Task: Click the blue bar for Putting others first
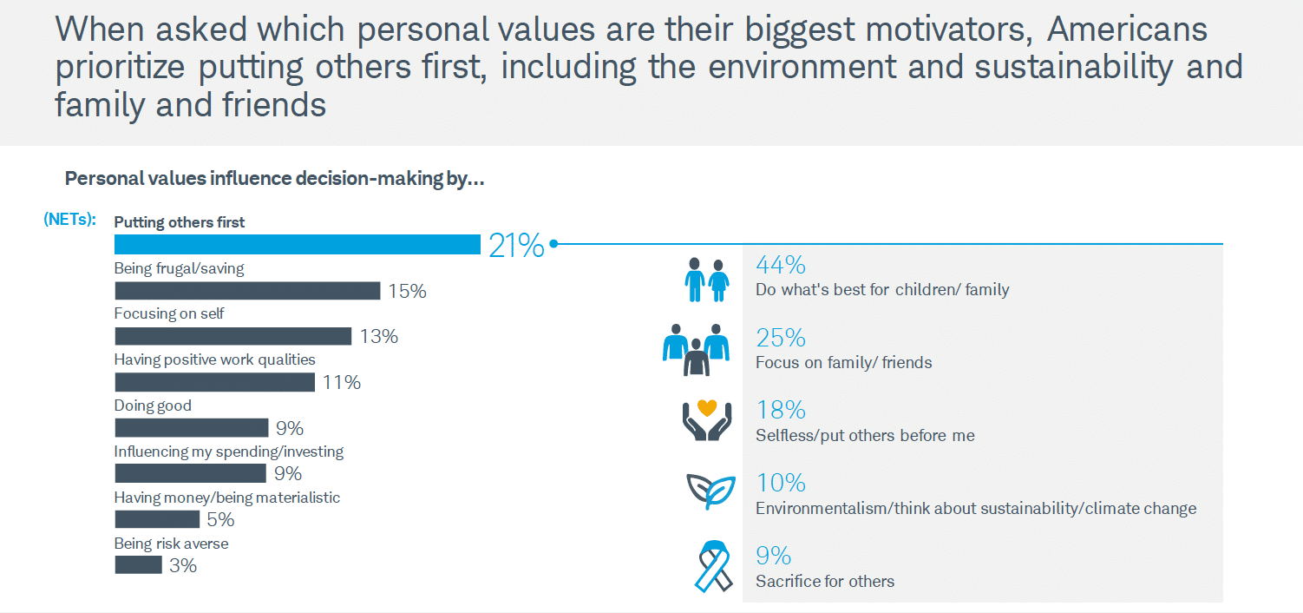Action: pos(297,245)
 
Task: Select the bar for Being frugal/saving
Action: pos(247,291)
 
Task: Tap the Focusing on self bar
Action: pos(232,336)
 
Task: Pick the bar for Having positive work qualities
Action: pos(214,382)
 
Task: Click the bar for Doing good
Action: pos(191,428)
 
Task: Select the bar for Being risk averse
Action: pos(138,565)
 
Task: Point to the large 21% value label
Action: pos(516,247)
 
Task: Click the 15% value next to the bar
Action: pos(407,292)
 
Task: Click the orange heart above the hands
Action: pos(706,406)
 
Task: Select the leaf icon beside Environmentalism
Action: pos(710,491)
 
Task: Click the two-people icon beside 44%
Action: pos(706,279)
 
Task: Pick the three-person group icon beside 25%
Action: pos(696,349)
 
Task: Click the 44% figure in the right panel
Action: pos(781,265)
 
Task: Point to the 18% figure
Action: pos(781,410)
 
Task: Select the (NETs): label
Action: pos(69,221)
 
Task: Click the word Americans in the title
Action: pos(1127,30)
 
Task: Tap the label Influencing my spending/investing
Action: pos(229,452)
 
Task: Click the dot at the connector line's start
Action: pos(553,244)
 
